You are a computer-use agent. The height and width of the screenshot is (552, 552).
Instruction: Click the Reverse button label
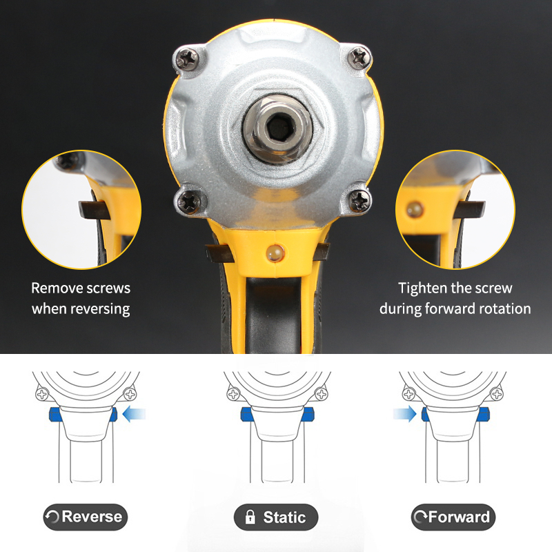coord(85,517)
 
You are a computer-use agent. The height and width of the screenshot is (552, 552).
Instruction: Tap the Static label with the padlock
coord(276,517)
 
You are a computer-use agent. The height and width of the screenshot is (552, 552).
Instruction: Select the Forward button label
coord(453,517)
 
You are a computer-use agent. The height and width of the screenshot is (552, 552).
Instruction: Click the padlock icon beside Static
coord(250,517)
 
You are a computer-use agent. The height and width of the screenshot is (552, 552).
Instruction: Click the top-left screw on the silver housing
coord(186,59)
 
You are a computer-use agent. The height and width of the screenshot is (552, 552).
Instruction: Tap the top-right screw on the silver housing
coord(359,57)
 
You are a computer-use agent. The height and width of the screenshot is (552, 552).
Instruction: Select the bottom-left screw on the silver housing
coord(188,202)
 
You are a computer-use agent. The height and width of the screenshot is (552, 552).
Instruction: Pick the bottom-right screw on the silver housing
coord(359,201)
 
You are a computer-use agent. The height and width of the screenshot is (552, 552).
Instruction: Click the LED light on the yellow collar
coord(275,253)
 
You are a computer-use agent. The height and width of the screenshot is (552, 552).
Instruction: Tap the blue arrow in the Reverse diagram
coord(134,413)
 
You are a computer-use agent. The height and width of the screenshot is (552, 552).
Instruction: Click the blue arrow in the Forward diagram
coord(405,413)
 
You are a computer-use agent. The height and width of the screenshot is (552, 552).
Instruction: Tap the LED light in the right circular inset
coord(415,210)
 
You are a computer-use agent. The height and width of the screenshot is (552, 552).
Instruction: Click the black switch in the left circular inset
coord(92,210)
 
